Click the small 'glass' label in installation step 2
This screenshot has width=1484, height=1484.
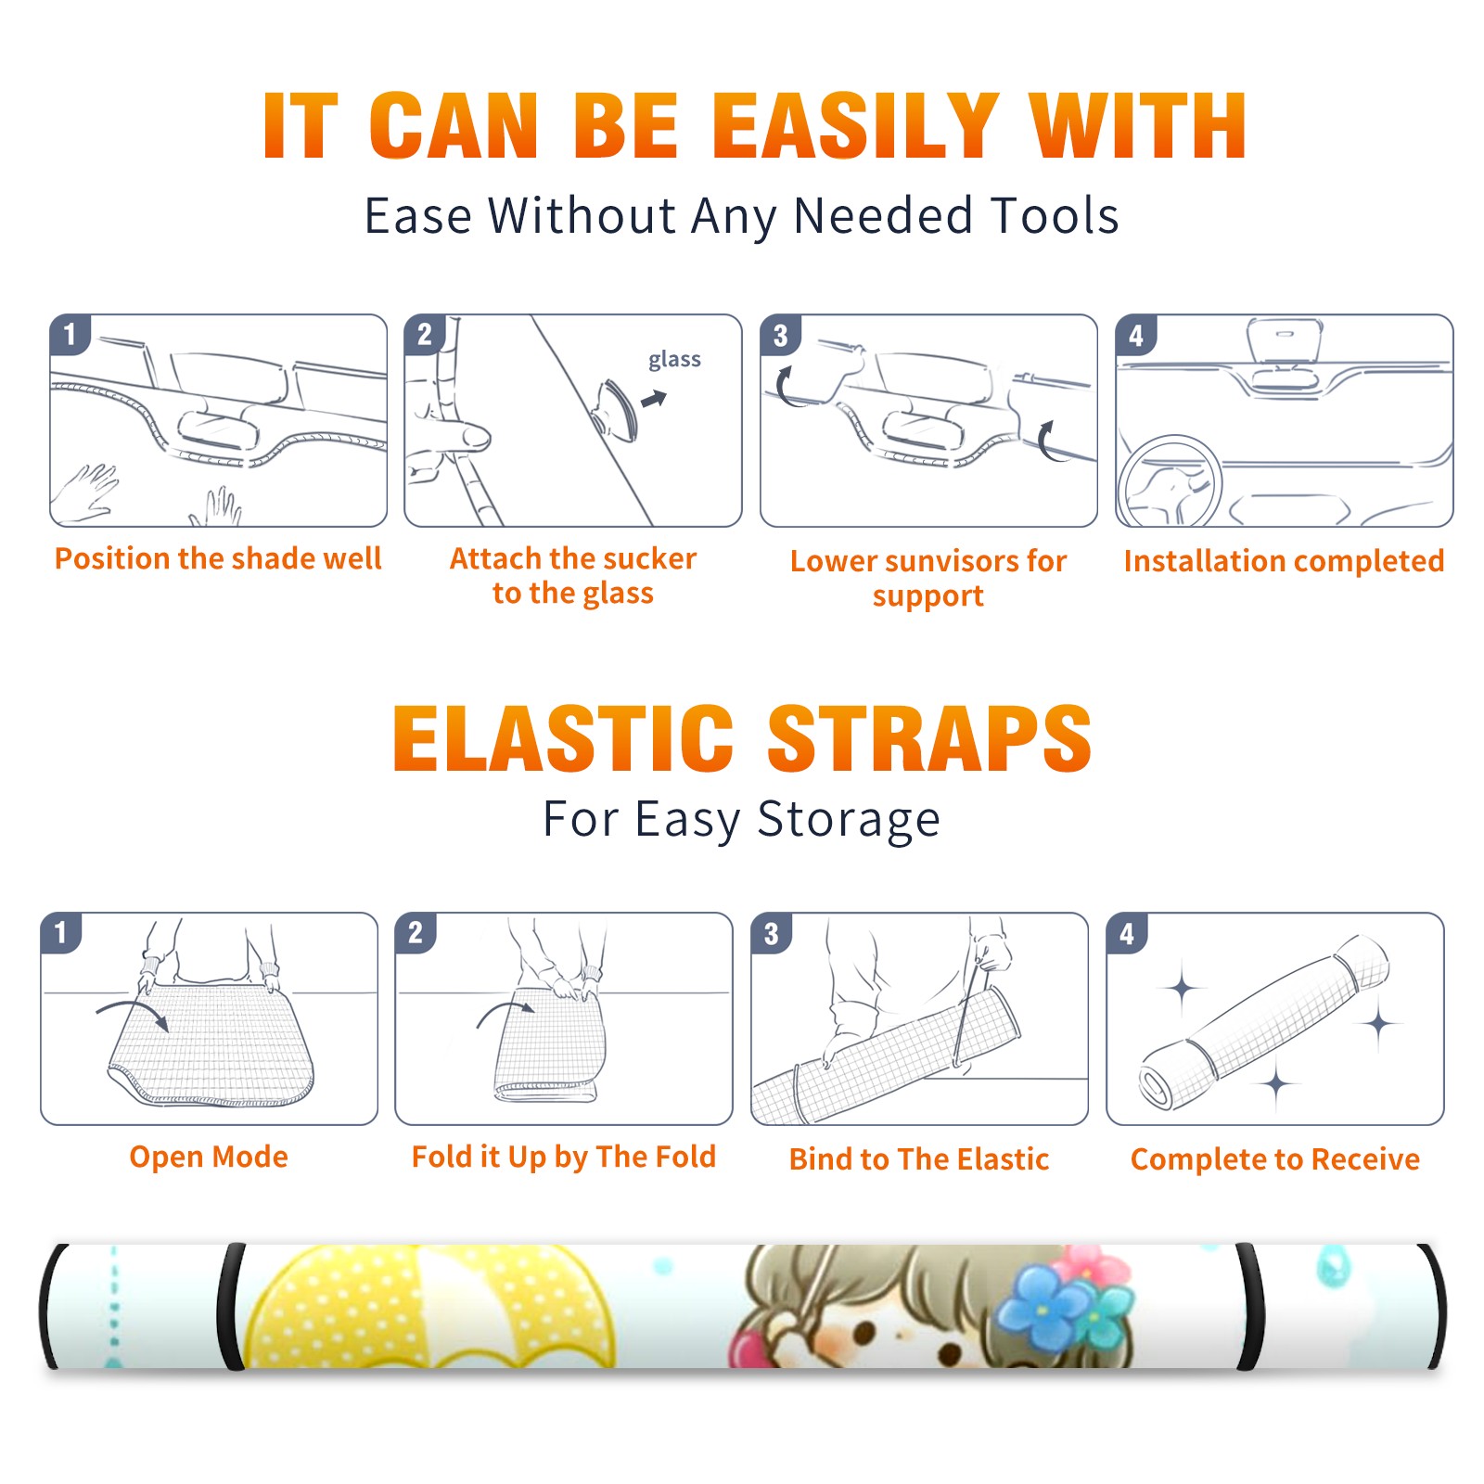(x=674, y=360)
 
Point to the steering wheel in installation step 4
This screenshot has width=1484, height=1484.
(x=1169, y=482)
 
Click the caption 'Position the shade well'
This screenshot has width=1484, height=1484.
(x=218, y=558)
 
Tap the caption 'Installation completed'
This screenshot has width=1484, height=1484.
(x=1284, y=561)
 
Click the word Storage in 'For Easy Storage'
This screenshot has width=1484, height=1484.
(x=849, y=821)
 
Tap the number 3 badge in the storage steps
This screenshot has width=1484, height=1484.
(x=772, y=934)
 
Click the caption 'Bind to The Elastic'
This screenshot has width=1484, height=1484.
(x=919, y=1159)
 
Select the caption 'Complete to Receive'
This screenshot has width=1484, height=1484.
(x=1275, y=1159)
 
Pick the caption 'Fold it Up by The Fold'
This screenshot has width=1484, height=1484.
(x=564, y=1158)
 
